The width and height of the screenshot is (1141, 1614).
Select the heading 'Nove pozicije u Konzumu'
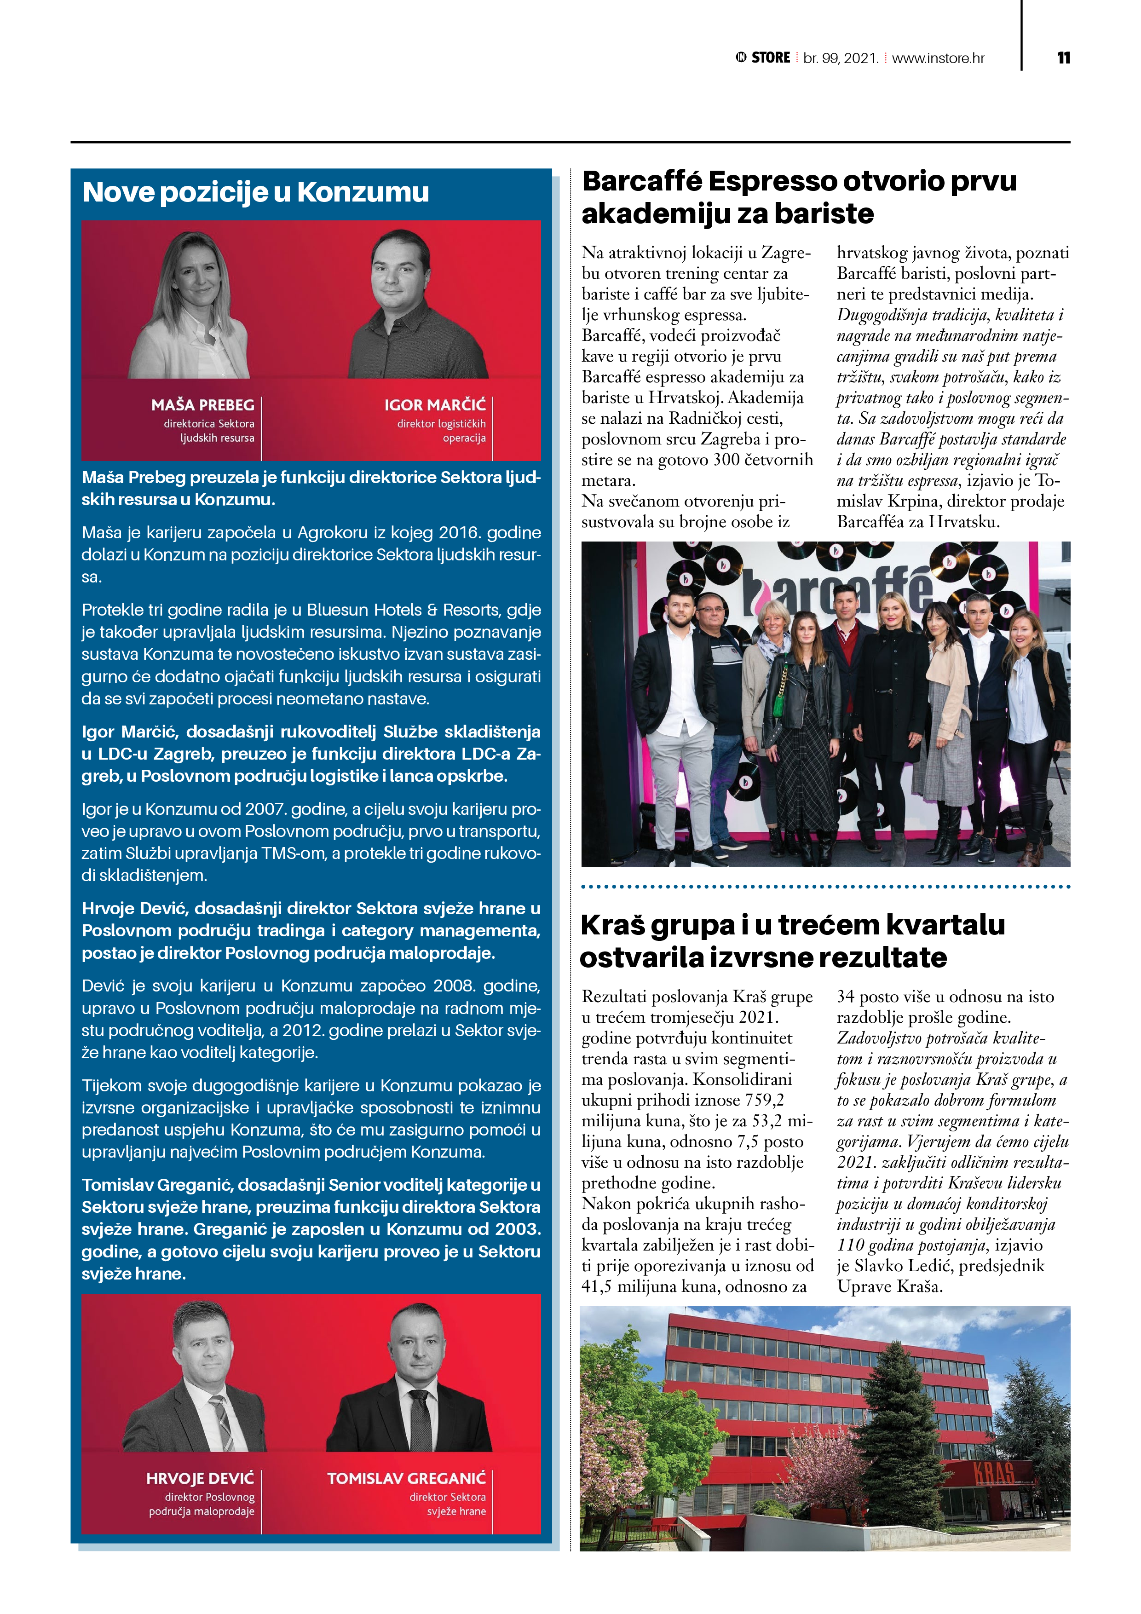pos(255,192)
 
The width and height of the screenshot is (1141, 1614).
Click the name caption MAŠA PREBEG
pos(202,405)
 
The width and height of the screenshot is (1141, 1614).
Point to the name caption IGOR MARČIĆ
pos(434,405)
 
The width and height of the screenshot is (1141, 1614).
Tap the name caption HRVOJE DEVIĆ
pos(200,1478)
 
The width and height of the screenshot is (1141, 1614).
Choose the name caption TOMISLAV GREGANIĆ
pos(406,1478)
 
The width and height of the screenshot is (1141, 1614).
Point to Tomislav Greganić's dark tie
pos(421,1420)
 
